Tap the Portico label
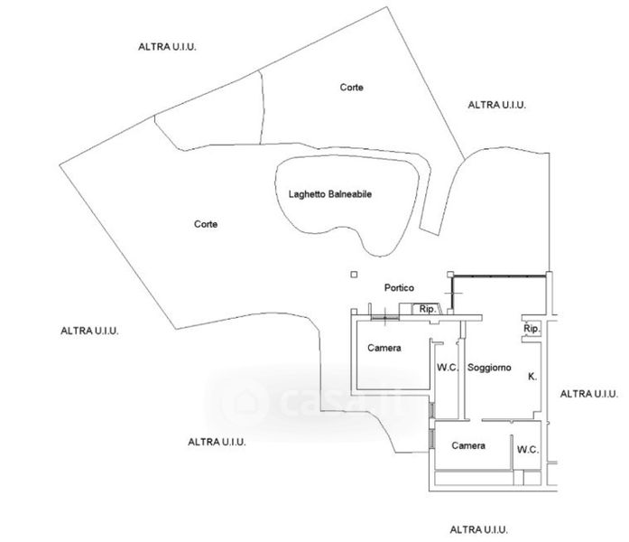point(398,288)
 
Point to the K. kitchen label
point(532,377)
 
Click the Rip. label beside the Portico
point(428,310)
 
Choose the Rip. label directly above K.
point(532,329)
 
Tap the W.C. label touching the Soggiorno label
point(448,368)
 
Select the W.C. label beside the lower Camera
point(528,448)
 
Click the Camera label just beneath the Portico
point(384,348)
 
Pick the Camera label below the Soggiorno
point(468,446)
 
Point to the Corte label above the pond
point(352,88)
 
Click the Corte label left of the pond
point(206,223)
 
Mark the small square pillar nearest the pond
point(354,274)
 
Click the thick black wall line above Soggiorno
point(501,277)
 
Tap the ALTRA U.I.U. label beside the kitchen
point(588,394)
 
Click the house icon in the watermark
point(241,398)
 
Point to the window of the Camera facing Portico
point(384,318)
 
